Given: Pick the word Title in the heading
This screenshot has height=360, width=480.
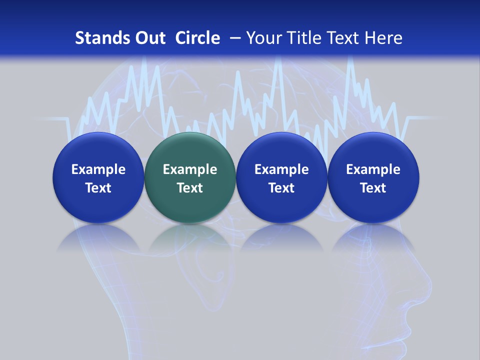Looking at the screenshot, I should click(301, 38).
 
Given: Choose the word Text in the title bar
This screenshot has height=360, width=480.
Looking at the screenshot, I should click(340, 38).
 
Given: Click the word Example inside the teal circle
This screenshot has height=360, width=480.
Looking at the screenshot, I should click(190, 169).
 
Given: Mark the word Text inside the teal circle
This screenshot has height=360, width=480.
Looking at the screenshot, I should click(190, 188).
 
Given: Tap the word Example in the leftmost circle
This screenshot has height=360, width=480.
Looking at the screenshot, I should click(98, 169).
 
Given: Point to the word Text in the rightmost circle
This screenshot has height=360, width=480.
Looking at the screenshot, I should click(373, 188).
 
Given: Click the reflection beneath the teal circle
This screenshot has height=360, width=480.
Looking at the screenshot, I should click(190, 237).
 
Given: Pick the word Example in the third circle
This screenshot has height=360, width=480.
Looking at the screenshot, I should click(281, 169).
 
